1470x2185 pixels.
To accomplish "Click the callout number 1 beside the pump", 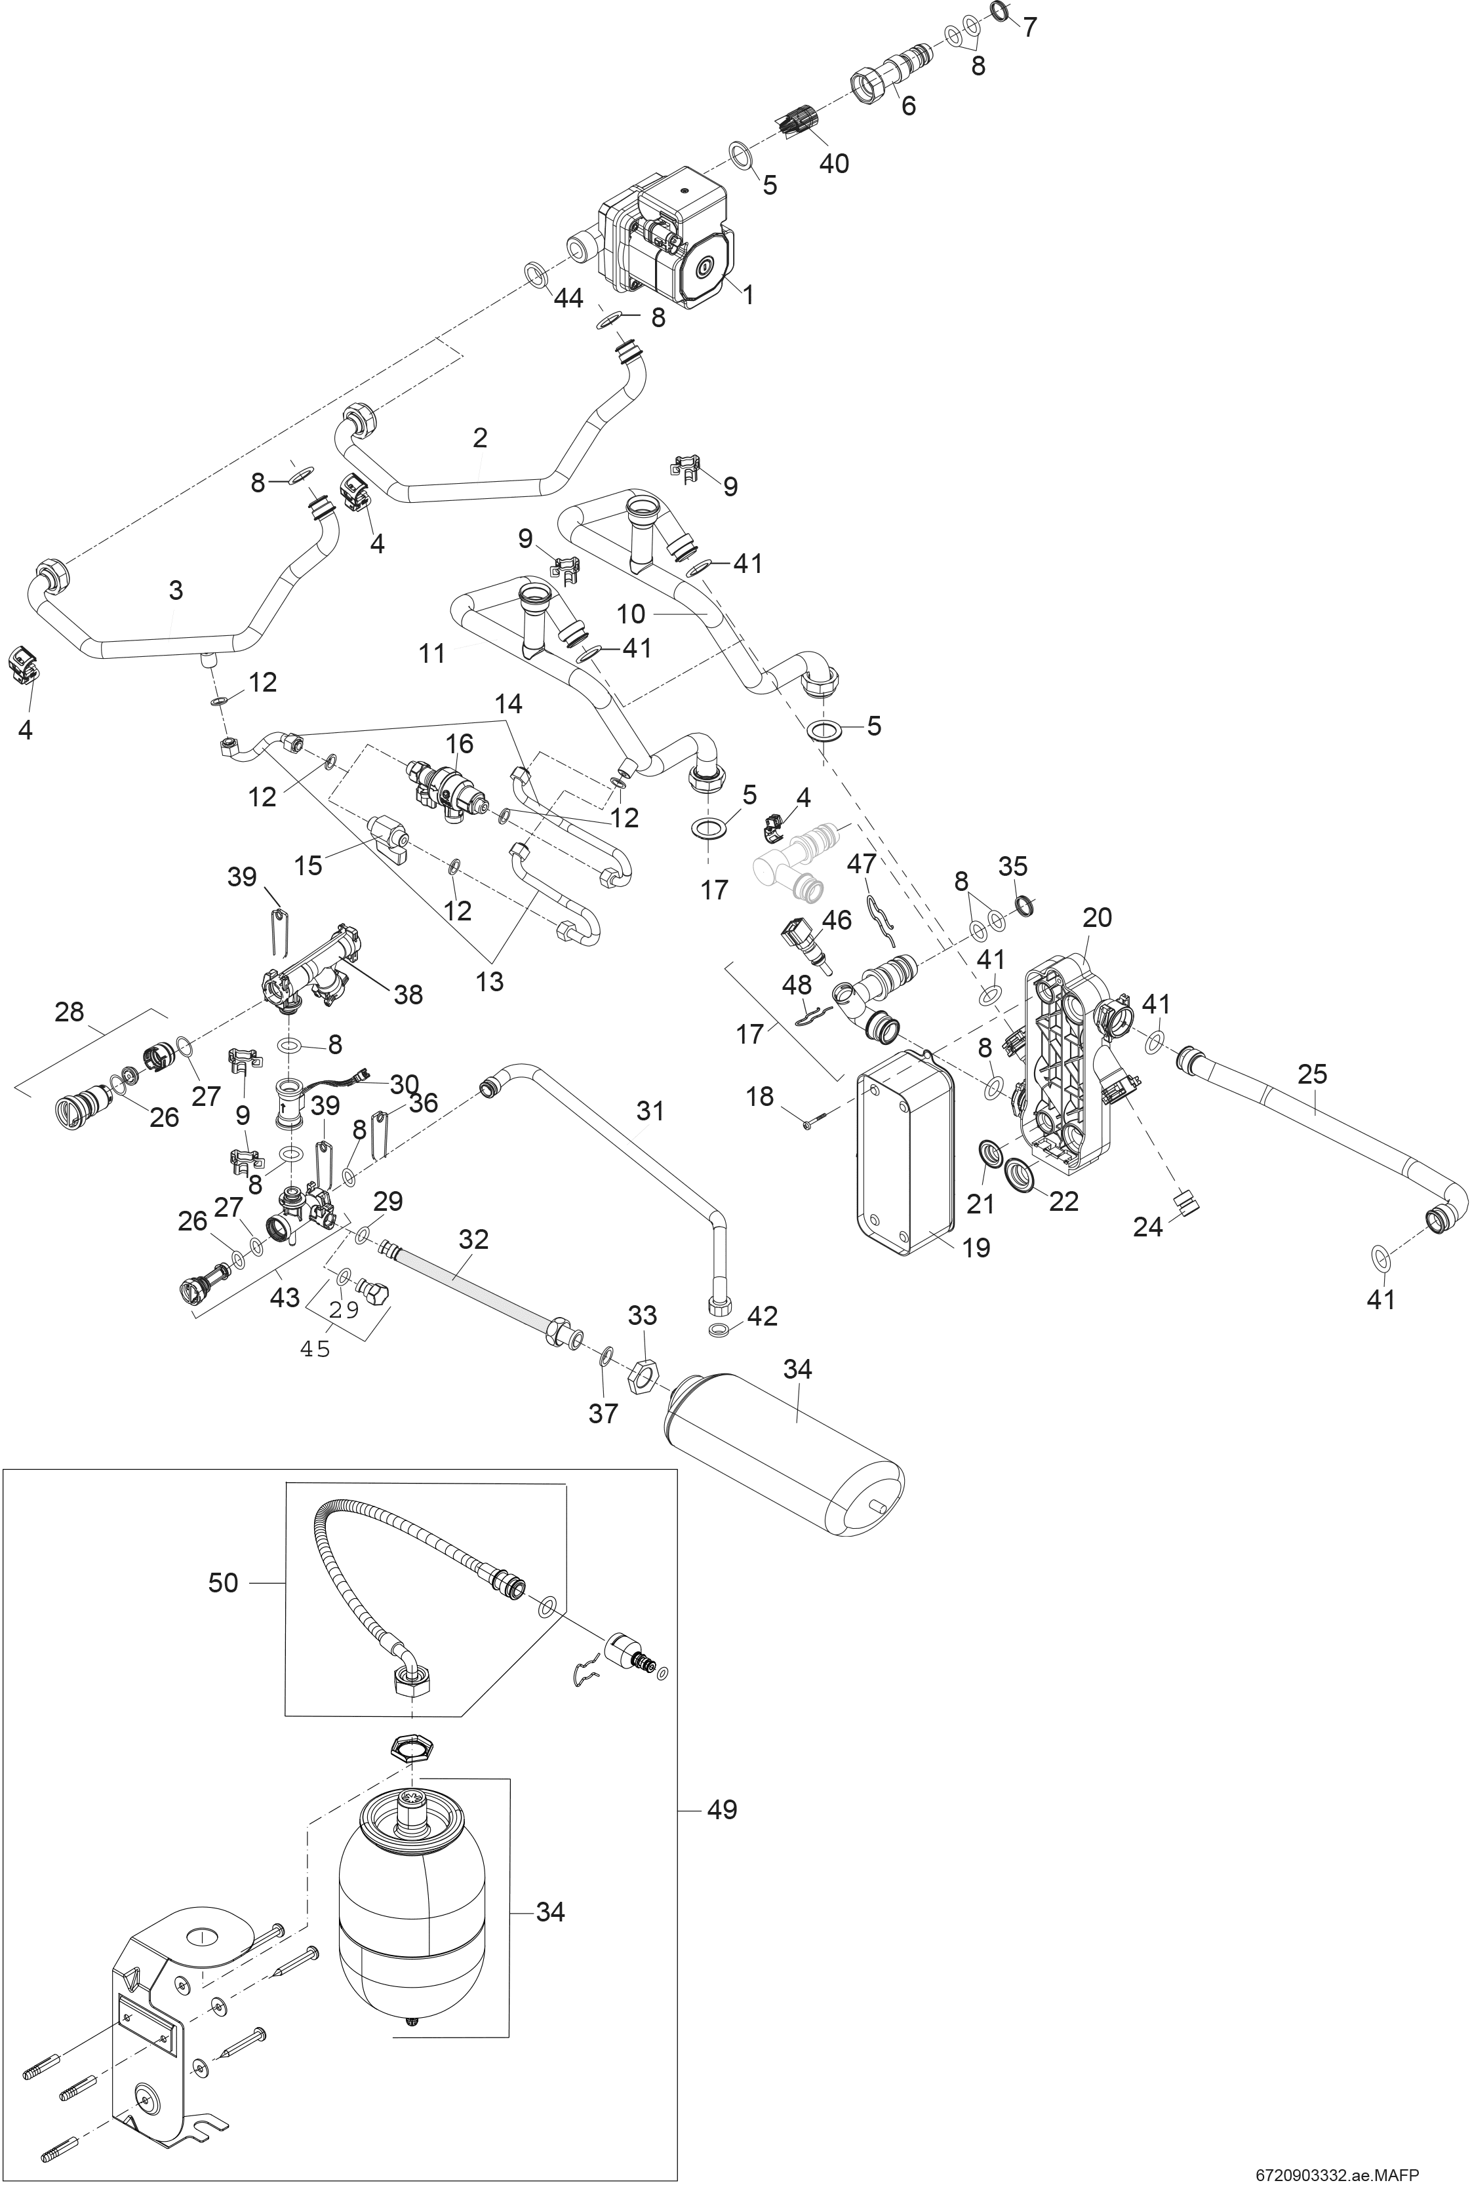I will pos(748,294).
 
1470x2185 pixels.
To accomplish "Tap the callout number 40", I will pos(833,163).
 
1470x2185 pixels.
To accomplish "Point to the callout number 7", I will pos(1029,27).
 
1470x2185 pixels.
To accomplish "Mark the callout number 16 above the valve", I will pos(460,743).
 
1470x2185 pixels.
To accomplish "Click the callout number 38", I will pos(408,994).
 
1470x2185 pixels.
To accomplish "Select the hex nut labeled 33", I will pos(641,1377).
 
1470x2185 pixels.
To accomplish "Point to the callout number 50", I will pos(223,1583).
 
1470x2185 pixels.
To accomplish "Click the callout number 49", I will pos(721,1809).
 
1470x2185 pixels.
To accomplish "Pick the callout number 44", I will pos(568,298).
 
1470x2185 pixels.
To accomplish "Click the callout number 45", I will pos(315,1350).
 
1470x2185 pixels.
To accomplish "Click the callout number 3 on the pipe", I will pos(175,591).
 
